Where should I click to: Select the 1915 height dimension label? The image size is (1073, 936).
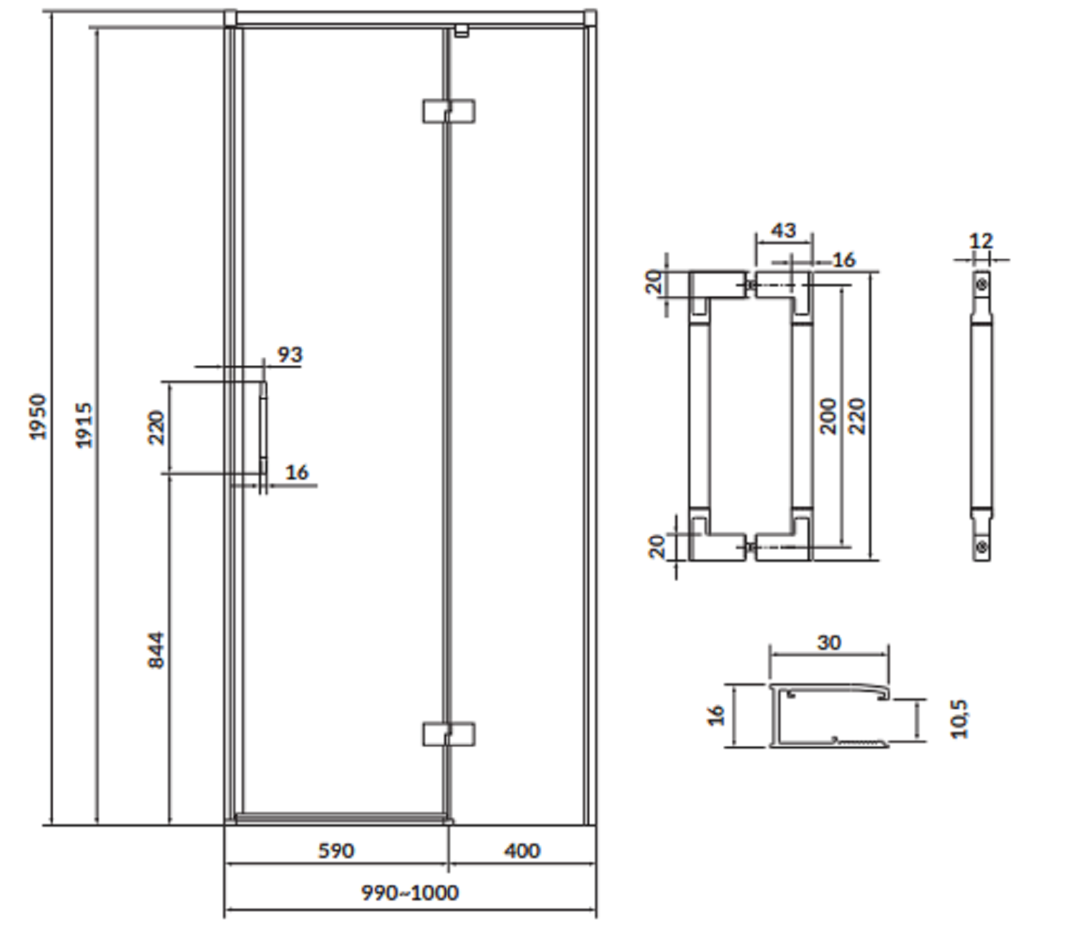point(84,425)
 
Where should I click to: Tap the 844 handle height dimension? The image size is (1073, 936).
point(156,650)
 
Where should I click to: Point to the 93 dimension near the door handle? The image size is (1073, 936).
point(290,355)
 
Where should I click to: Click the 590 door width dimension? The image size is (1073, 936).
point(336,850)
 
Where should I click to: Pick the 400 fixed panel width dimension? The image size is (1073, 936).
point(521,850)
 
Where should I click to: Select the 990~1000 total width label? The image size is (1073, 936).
point(410,892)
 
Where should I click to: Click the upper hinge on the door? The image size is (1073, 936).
point(449,111)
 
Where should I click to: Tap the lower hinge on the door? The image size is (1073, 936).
point(449,734)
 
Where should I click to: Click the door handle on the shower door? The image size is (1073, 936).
point(263,428)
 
